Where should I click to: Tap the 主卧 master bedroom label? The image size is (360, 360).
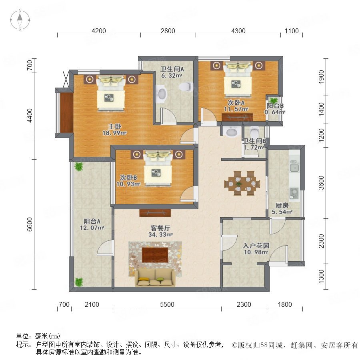(114, 126)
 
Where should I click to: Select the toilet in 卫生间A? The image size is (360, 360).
(186, 87)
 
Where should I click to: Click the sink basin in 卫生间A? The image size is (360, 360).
(162, 94)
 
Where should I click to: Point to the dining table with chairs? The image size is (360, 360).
(242, 183)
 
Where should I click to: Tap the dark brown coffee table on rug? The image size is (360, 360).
(155, 255)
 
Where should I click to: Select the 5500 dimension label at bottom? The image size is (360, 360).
(167, 304)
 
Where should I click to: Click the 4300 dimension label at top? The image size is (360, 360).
(238, 31)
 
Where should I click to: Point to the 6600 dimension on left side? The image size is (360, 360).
(30, 224)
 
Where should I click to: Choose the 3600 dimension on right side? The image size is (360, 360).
(321, 182)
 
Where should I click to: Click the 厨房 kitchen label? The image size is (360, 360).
(282, 205)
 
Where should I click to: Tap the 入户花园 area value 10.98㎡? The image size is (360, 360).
(256, 252)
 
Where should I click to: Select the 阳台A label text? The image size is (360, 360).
(92, 221)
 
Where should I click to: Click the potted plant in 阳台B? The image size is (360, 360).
(273, 100)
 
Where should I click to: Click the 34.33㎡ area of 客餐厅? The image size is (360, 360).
(160, 235)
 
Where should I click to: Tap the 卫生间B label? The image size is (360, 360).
(254, 141)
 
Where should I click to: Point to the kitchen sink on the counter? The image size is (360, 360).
(294, 166)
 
